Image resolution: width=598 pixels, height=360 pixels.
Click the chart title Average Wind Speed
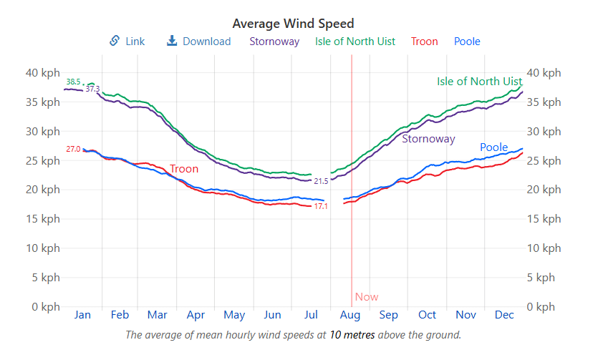(294, 24)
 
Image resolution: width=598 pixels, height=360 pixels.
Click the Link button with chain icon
(127, 42)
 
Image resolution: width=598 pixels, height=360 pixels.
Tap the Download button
(199, 42)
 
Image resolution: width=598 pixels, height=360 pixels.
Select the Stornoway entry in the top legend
(274, 42)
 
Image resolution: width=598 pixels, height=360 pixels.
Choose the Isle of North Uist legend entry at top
(355, 42)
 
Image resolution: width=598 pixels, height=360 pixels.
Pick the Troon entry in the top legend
(425, 42)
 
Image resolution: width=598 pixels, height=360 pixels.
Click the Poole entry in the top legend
(467, 42)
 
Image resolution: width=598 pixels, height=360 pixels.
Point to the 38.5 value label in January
(73, 82)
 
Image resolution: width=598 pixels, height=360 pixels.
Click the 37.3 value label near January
(92, 89)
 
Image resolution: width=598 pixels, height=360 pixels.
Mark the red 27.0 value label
(73, 149)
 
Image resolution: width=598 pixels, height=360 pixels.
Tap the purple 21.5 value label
(321, 182)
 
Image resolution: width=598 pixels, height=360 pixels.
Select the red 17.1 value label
(321, 207)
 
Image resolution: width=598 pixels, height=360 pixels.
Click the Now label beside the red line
(366, 297)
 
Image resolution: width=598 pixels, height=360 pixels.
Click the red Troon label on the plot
(184, 169)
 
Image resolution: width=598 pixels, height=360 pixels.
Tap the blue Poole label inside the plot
(493, 148)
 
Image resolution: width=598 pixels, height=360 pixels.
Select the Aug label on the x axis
(350, 315)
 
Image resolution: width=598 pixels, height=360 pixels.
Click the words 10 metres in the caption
(352, 334)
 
